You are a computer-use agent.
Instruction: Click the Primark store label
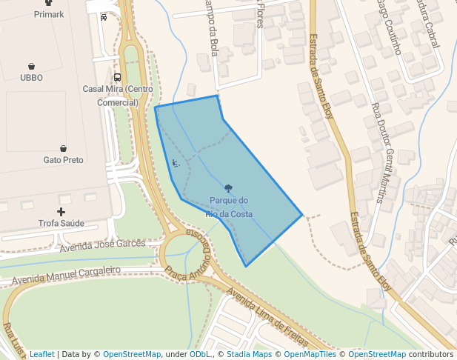coord(49,14)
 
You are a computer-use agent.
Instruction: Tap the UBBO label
coord(32,77)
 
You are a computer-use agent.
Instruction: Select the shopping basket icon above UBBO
coord(32,66)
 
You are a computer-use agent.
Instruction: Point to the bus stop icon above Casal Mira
coord(117,77)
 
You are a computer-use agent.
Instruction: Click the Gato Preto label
coord(63,159)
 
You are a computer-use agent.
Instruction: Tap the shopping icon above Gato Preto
coord(63,148)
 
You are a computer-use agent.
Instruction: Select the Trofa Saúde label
coord(61,222)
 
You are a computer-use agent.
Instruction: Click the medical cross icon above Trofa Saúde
coord(61,212)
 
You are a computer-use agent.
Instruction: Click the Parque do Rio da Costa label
coord(229,207)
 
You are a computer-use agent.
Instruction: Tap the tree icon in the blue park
coord(228,189)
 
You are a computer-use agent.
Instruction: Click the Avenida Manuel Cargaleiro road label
coord(65,276)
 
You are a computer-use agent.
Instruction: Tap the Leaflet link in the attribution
coord(41,354)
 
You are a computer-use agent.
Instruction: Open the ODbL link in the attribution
coord(200,354)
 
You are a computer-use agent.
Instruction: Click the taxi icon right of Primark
coord(103,17)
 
